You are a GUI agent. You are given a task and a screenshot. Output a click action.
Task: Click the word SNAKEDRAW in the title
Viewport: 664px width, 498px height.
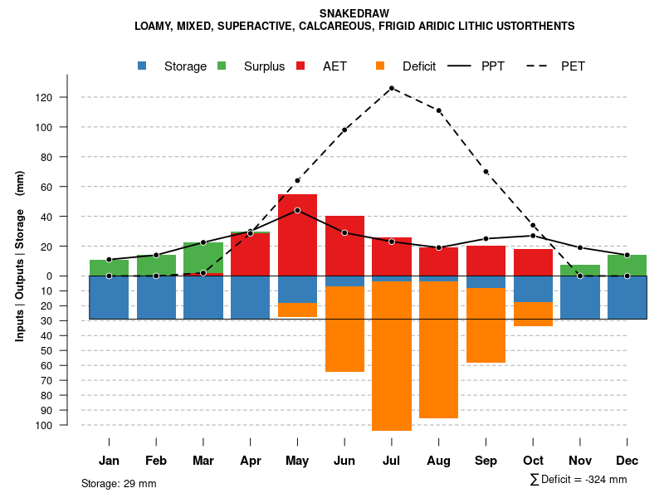pos(354,13)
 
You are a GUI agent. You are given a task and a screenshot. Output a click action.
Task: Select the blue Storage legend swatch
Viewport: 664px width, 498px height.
pos(143,66)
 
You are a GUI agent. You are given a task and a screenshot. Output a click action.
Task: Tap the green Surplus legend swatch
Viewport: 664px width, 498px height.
pos(222,66)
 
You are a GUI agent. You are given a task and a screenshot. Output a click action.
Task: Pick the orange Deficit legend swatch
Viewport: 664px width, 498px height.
pos(381,66)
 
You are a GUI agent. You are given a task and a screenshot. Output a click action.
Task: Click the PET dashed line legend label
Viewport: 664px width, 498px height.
pos(573,66)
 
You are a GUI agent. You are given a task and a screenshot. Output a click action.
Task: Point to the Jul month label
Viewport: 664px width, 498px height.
pos(392,461)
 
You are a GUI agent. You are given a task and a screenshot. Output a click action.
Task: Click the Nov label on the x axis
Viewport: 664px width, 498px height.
pos(580,461)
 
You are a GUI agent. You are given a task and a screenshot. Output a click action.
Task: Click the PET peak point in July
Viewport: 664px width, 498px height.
pos(392,88)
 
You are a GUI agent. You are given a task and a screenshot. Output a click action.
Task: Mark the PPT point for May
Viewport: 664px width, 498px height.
pos(297,210)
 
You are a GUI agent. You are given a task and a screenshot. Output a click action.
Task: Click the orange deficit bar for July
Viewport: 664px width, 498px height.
pos(392,357)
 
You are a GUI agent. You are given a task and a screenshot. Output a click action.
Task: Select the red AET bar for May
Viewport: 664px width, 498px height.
pos(297,241)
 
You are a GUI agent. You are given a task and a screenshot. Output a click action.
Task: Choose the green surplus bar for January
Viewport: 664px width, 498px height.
pos(109,267)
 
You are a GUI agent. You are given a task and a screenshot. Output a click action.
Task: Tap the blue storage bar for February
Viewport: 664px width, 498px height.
pos(156,297)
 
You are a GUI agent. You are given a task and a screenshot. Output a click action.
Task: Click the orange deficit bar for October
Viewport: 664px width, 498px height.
pos(533,314)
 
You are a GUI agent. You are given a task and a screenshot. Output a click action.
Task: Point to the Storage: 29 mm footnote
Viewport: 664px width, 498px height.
pos(119,483)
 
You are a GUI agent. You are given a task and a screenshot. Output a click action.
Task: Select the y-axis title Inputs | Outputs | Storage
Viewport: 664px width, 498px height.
pos(20,262)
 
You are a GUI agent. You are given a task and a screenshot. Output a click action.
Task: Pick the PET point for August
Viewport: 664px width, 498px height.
pos(438,110)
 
